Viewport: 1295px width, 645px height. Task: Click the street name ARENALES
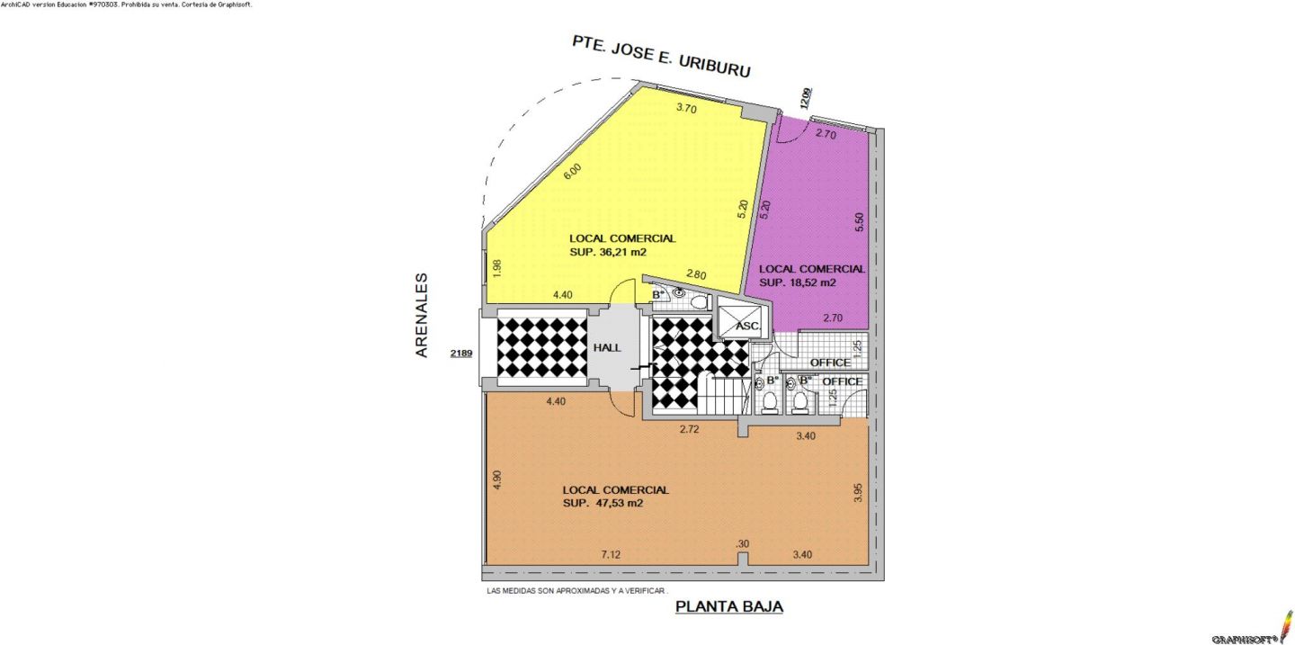pos(422,315)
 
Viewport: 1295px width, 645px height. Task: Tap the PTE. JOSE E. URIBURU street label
pos(661,56)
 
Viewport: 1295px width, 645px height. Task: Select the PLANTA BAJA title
pos(729,606)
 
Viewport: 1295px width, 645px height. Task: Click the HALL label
pos(607,347)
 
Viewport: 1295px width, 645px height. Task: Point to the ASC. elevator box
pos(743,322)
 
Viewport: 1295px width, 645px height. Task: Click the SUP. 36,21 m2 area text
pos(608,252)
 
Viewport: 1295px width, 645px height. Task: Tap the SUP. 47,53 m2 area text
pos(603,503)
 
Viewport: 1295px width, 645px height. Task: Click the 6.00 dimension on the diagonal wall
pos(572,171)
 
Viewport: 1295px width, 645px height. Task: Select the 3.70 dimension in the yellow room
pos(686,108)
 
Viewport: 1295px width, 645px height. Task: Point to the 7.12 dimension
pos(611,555)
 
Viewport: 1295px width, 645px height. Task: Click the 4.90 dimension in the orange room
pos(497,480)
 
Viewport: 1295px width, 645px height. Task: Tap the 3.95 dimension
pos(858,492)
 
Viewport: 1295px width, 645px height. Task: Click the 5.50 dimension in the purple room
pos(859,222)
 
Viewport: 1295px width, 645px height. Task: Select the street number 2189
pos(461,353)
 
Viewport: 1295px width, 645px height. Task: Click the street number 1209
pos(806,98)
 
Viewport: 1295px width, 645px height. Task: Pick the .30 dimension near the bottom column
pos(742,543)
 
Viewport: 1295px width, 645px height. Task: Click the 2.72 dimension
pos(690,429)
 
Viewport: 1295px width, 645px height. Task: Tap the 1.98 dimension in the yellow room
pos(497,268)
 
